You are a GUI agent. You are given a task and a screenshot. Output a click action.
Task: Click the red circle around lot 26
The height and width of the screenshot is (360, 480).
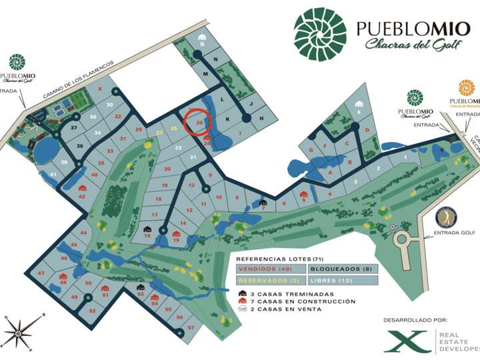point(198,123)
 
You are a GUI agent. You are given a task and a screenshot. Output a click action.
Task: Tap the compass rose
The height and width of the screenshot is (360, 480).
point(20,328)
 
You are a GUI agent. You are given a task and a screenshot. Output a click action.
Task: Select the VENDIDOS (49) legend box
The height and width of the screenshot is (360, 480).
point(270,269)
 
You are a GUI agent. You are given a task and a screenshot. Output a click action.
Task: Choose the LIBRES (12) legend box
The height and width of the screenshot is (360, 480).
point(342,281)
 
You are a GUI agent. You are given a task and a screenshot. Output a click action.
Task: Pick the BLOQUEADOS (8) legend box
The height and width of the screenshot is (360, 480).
point(342,269)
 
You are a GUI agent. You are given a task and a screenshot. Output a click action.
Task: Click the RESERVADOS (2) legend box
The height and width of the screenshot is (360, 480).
point(270,281)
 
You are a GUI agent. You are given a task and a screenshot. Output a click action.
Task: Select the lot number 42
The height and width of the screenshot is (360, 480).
point(81,196)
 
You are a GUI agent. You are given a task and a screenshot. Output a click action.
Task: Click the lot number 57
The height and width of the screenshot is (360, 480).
point(191,327)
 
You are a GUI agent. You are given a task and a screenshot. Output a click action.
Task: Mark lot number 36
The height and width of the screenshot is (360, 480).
point(79,146)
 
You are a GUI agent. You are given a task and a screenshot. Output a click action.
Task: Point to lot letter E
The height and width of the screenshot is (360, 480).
point(359,113)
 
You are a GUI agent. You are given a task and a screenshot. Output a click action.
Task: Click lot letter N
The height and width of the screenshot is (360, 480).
point(216,59)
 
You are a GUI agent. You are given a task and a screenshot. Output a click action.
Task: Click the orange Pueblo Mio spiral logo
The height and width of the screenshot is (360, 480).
point(466,87)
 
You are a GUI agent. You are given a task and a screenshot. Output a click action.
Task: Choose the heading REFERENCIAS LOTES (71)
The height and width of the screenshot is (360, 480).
point(273,257)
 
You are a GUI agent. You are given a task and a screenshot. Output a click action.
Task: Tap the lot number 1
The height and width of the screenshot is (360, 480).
point(405,157)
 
